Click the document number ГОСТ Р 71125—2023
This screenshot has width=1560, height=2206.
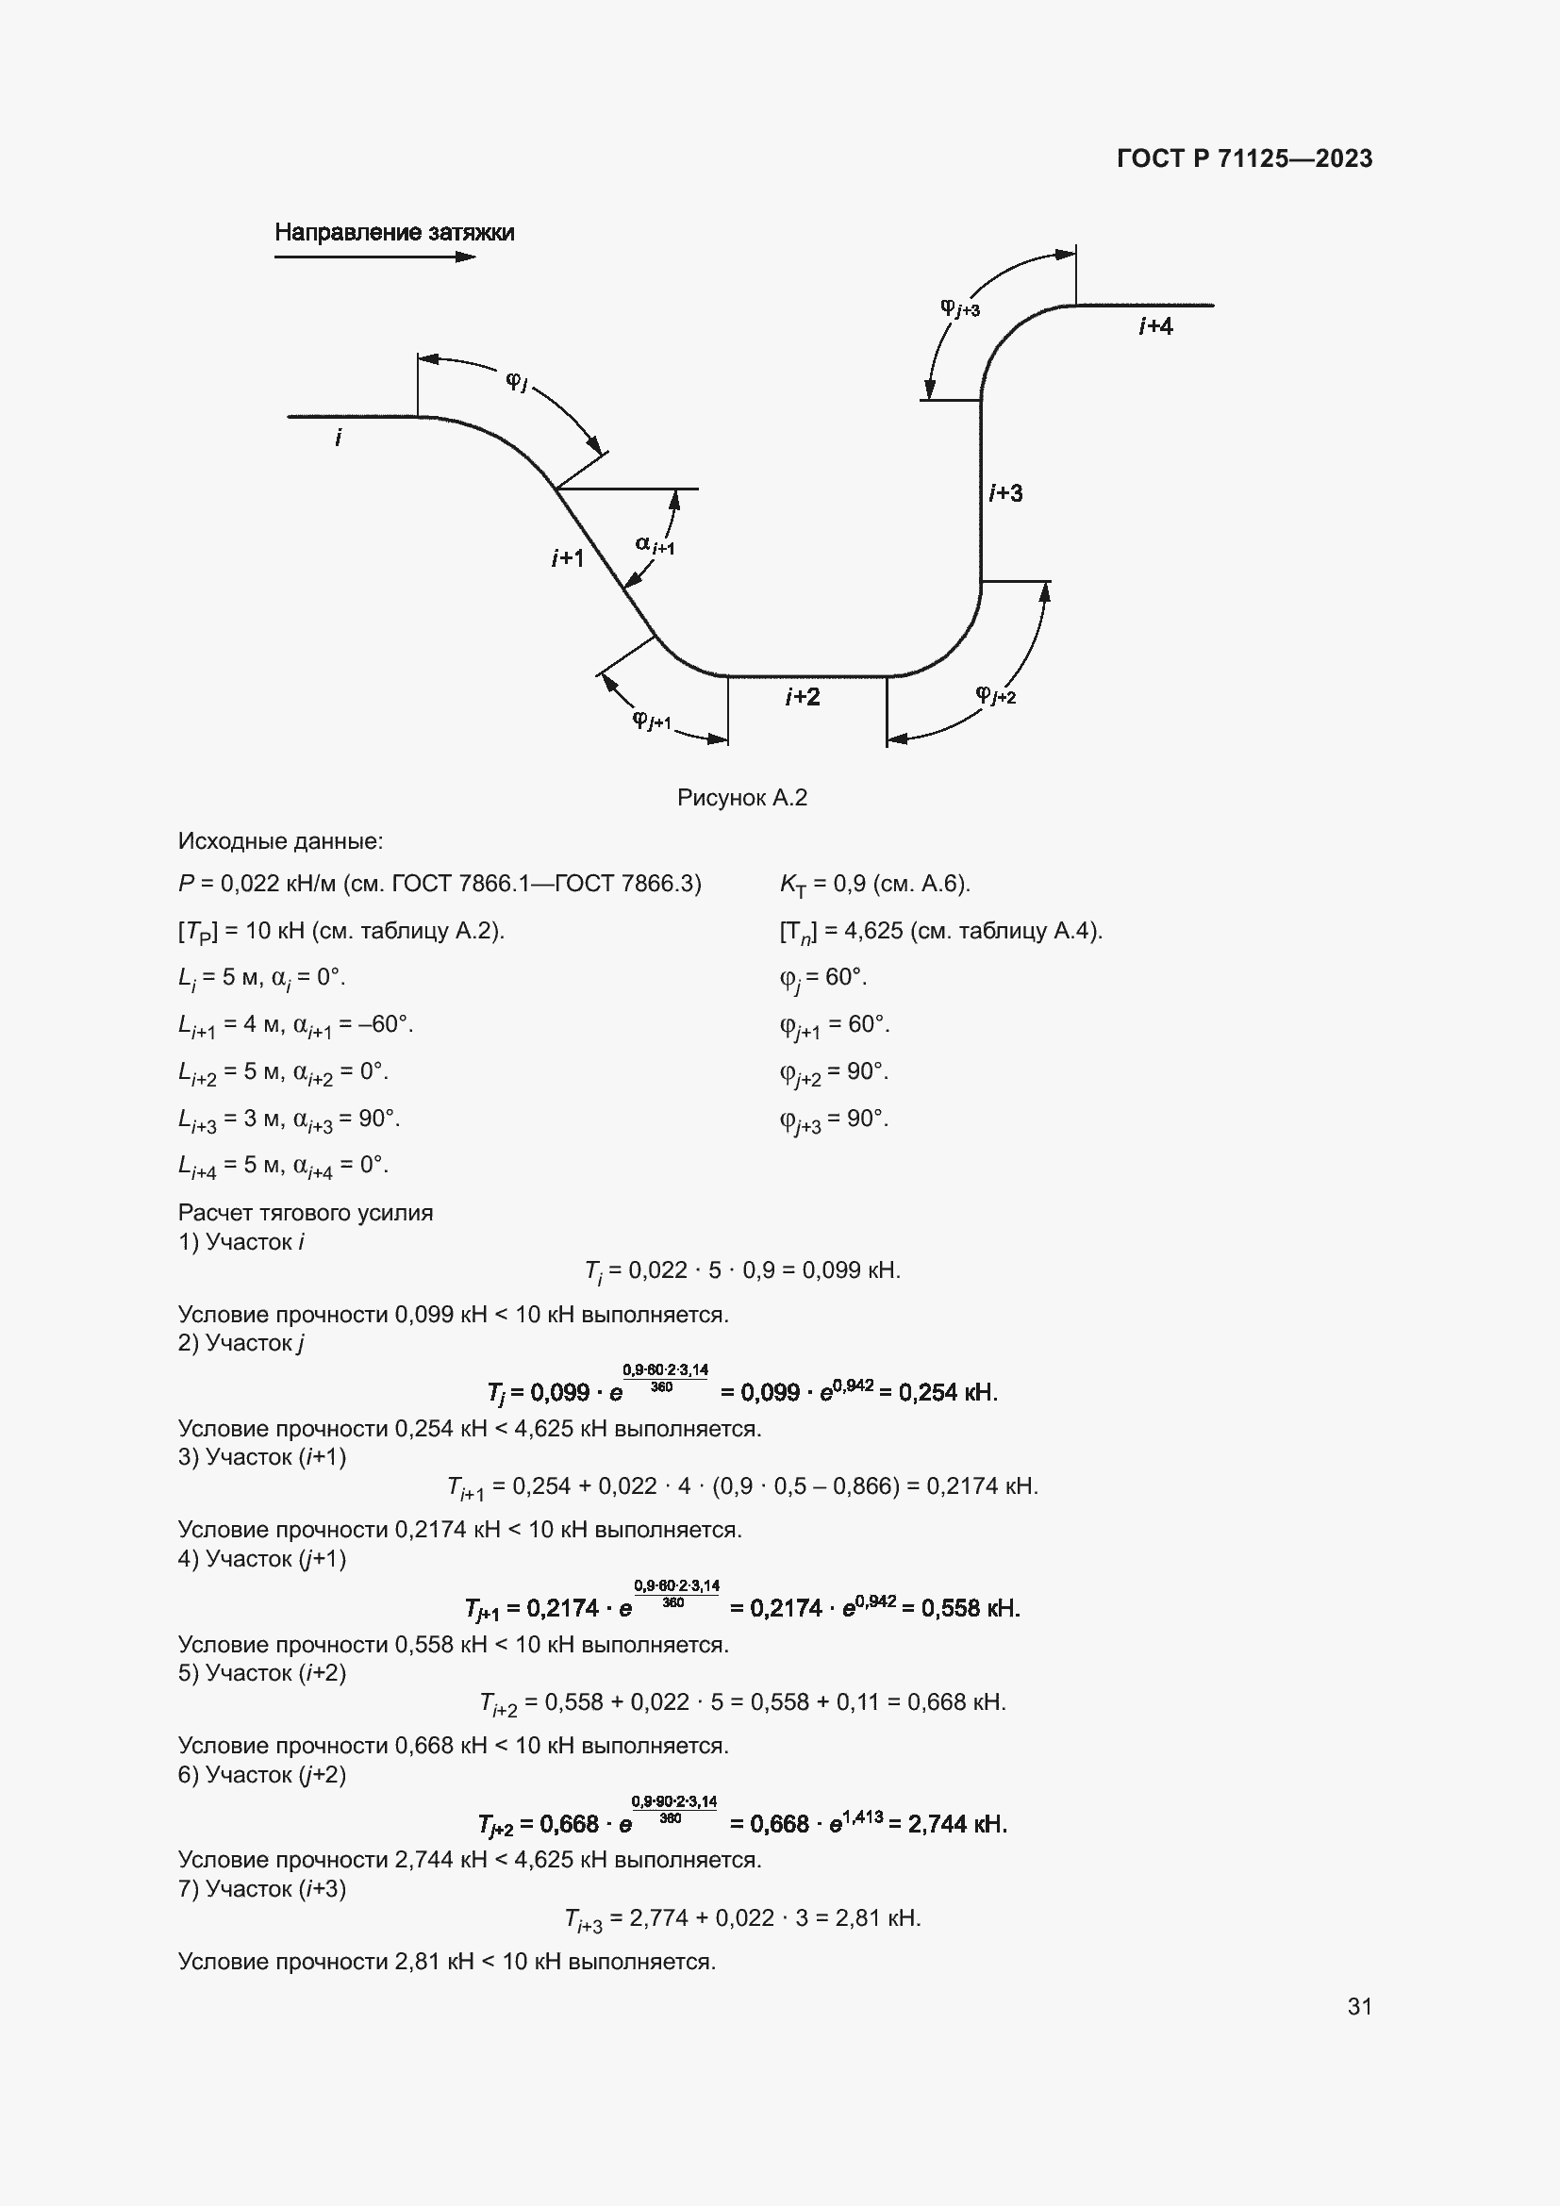click(1244, 158)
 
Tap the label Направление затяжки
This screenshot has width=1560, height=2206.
click(394, 233)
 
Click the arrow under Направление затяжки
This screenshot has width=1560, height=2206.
click(374, 257)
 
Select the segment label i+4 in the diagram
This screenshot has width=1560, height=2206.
click(1154, 326)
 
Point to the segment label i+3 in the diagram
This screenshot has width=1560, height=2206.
click(1005, 493)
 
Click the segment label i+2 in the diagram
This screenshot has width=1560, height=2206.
click(802, 697)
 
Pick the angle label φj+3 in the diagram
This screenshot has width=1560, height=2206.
click(958, 307)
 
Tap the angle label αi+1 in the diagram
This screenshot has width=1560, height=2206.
click(655, 545)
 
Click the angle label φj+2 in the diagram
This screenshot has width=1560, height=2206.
click(995, 694)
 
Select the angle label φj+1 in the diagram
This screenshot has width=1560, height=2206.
click(652, 720)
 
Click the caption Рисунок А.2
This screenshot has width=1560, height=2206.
click(741, 798)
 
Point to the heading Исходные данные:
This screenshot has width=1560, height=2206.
click(280, 841)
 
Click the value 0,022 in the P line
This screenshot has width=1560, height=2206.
click(250, 884)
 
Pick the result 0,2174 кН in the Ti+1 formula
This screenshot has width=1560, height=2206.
click(981, 1486)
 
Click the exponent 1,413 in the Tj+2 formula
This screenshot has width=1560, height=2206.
click(864, 1816)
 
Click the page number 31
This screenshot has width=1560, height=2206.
click(1359, 2006)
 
